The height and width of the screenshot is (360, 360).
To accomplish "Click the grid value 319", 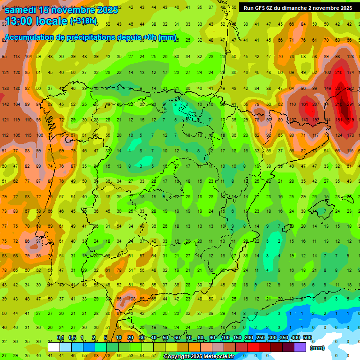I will tap(350, 120).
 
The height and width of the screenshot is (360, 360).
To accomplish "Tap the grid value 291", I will tap(350, 104).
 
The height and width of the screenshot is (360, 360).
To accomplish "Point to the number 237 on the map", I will tap(339, 89).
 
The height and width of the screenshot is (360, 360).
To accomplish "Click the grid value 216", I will tap(339, 73).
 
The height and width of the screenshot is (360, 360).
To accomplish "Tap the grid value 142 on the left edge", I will tap(5, 104).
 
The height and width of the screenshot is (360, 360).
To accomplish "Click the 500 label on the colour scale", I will tap(307, 338).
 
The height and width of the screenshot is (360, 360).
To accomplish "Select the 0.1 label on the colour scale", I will tap(60, 338).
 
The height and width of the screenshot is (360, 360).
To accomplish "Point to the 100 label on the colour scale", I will tap(225, 338).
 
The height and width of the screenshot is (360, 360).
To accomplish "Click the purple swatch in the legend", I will tap(300, 347).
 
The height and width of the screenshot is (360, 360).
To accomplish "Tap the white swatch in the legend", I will tap(53, 347).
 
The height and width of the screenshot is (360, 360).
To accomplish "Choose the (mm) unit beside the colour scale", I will tap(317, 348).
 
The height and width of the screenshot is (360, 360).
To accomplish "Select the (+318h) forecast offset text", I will tap(83, 22).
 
